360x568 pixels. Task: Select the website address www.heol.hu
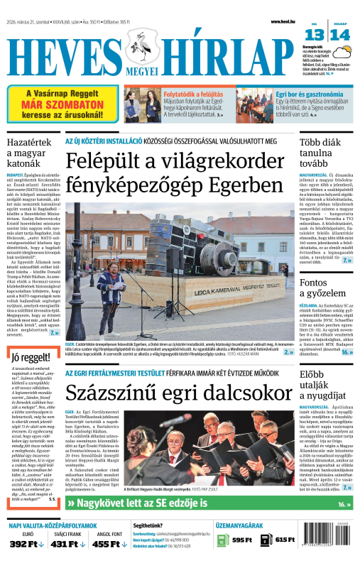(x=283, y=22)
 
